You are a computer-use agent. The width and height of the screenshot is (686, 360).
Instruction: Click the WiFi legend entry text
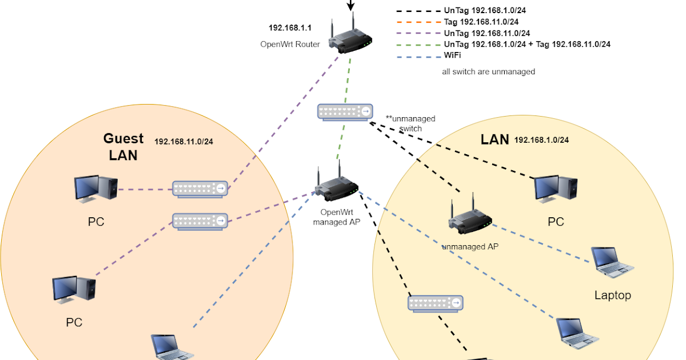452,55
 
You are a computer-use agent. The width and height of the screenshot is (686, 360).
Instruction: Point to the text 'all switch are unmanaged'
488,72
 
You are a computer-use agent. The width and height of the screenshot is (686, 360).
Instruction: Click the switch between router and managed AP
345,111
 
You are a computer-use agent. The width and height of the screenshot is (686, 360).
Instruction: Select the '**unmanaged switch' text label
410,123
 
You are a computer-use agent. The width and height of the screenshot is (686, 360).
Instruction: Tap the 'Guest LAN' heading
123,146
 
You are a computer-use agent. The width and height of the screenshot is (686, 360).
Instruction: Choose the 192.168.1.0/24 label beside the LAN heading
541,139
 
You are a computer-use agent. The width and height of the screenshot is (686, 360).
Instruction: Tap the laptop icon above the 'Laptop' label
612,262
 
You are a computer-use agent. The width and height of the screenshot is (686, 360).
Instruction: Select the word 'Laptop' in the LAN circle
612,295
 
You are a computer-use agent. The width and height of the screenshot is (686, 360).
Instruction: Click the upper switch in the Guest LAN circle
201,189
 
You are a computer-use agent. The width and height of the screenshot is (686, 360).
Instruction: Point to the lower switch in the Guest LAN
201,221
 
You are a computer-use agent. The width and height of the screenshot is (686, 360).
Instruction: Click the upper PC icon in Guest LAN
96,189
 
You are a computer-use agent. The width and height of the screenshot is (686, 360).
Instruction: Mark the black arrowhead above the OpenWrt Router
351,6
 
